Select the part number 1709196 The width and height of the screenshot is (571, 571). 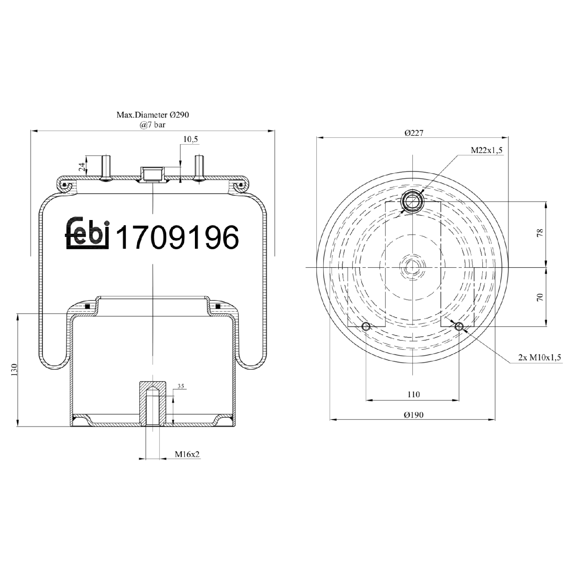coord(177,237)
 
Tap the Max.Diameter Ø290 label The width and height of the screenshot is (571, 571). coord(153,115)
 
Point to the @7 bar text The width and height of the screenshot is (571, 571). coord(153,124)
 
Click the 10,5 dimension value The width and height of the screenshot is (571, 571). coord(190,139)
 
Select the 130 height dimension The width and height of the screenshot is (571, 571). coord(14,370)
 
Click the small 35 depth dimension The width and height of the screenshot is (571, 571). coord(180,386)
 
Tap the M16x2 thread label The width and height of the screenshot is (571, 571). coord(187,454)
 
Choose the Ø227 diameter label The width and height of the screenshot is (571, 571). coord(414,133)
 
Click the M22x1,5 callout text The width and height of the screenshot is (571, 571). coord(486,150)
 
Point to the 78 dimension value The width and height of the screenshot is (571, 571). coord(540,233)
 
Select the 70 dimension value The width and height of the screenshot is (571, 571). coord(540,297)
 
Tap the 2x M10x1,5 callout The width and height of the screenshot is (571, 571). coord(539,357)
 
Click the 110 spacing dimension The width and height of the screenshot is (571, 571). coord(413,394)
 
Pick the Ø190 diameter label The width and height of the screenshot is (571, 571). coord(413,415)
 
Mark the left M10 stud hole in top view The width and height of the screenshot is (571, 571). coord(366,326)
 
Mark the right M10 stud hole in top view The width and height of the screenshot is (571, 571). coord(459,326)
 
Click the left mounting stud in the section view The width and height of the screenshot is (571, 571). coord(106,167)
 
